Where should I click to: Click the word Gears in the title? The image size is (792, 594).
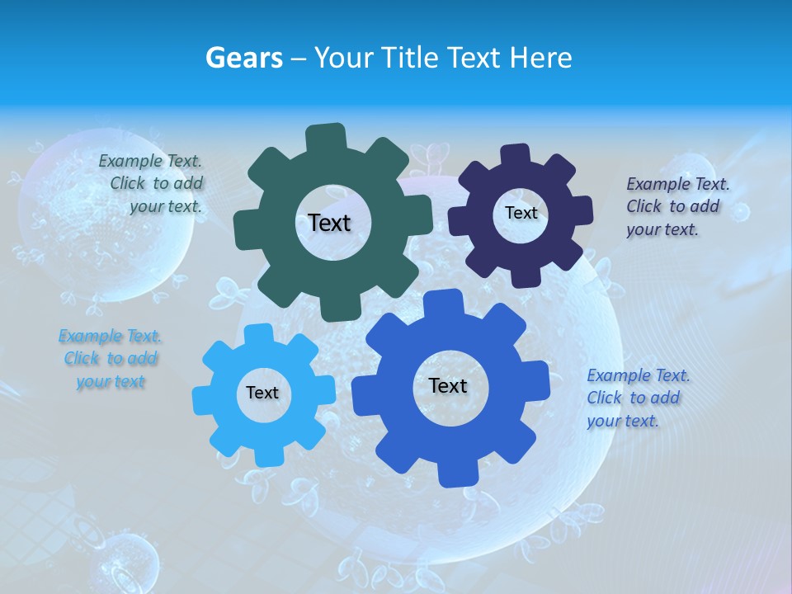pyautogui.click(x=244, y=58)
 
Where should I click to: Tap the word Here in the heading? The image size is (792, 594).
pyautogui.click(x=540, y=58)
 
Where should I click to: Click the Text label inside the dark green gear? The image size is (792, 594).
pyautogui.click(x=329, y=223)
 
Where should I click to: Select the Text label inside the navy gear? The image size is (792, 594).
pyautogui.click(x=521, y=213)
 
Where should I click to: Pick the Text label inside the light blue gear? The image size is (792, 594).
pyautogui.click(x=262, y=393)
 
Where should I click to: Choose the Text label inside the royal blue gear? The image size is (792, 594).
pyautogui.click(x=448, y=385)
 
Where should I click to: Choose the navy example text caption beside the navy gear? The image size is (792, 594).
pyautogui.click(x=676, y=206)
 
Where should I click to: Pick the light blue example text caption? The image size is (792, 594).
pyautogui.click(x=110, y=359)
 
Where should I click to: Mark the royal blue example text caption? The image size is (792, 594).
pyautogui.click(x=638, y=398)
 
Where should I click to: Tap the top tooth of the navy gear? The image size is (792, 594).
pyautogui.click(x=516, y=155)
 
